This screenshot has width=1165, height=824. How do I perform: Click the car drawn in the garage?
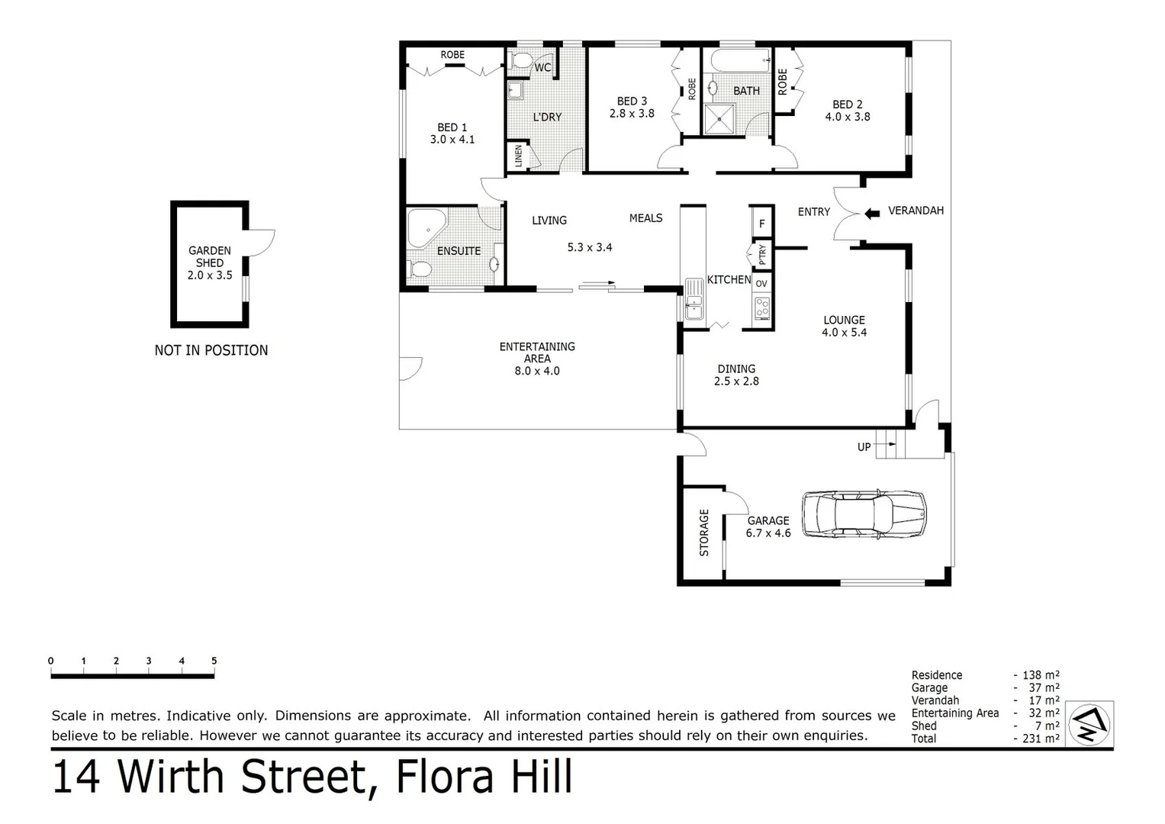[864, 513]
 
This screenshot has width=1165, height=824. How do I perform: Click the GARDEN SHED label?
[210, 256]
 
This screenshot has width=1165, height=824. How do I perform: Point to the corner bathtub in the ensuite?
[424, 227]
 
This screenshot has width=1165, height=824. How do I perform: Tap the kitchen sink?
[694, 299]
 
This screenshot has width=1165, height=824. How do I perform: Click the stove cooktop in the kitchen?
[762, 308]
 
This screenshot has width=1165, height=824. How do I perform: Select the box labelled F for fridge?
[761, 224]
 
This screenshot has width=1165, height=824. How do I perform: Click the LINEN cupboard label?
[519, 156]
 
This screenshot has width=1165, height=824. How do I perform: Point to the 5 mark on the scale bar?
[214, 661]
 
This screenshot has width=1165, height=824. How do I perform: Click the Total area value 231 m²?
[1041, 739]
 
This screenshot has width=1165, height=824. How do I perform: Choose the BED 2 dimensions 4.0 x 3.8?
[847, 117]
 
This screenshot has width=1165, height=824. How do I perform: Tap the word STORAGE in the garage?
[703, 533]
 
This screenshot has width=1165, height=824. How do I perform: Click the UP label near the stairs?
[864, 447]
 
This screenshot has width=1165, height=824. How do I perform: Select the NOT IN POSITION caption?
[211, 350]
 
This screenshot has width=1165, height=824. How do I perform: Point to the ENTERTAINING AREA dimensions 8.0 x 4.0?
[537, 371]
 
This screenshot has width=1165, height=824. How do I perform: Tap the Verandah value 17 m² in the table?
[1044, 700]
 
